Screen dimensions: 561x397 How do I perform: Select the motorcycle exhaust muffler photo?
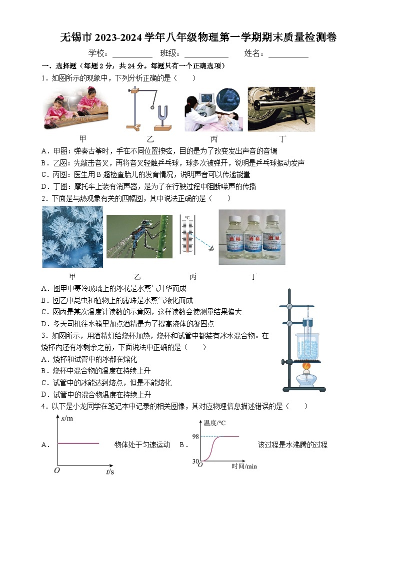coord(281,109)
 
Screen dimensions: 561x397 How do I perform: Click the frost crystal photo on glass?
coord(72,237)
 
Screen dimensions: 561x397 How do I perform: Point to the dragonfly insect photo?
coord(139,236)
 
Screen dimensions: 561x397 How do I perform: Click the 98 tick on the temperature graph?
coord(196,437)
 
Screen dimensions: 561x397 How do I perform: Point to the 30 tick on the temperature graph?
coord(196,461)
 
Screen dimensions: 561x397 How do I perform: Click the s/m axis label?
coord(66,419)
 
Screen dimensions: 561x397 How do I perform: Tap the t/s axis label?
coord(109,471)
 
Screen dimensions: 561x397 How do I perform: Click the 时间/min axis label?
coord(244,466)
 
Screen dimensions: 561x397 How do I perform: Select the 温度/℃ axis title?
coord(214,423)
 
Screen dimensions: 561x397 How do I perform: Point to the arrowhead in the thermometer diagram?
coord(210,248)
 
